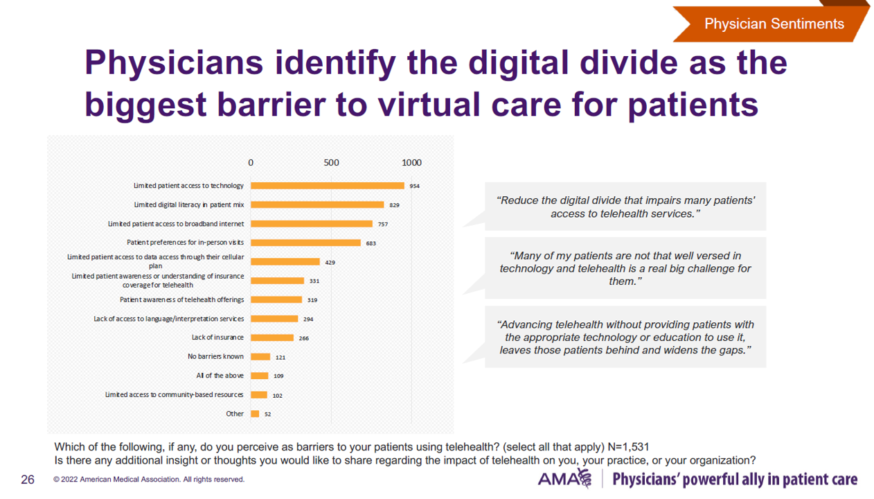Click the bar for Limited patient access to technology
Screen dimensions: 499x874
[327, 186]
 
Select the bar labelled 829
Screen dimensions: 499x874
[317, 204]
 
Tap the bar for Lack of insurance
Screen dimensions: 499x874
[272, 338]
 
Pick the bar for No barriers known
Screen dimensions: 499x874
[260, 357]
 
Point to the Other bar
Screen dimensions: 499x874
[255, 414]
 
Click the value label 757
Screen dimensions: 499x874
[383, 225]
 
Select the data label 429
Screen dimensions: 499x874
[330, 263]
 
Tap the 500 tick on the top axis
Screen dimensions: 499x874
[331, 162]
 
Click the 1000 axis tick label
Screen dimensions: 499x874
[411, 162]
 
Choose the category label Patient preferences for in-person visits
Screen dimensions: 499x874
[185, 243]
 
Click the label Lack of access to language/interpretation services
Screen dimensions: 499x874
[168, 319]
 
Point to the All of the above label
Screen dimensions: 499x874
[220, 376]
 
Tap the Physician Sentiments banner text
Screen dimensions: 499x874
[774, 24]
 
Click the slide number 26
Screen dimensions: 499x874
[28, 479]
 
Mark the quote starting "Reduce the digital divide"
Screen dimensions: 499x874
[625, 207]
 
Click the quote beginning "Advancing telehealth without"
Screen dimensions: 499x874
[625, 338]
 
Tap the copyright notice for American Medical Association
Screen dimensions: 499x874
[149, 480]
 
